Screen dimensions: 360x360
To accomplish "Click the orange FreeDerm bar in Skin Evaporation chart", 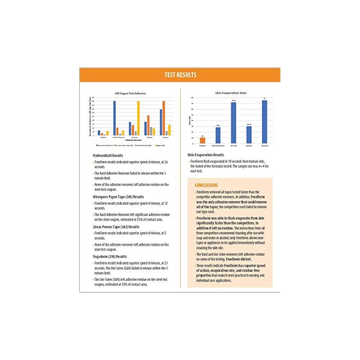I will coord(202,140).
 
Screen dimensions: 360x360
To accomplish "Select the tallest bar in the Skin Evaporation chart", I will coord(264,122).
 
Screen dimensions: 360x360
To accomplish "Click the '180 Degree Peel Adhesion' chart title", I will coord(130,93).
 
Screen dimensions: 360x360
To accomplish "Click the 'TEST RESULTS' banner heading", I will coord(180,75).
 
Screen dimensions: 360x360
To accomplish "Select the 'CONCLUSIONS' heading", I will coord(206,185).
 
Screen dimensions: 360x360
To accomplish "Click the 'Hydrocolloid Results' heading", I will coord(108,155).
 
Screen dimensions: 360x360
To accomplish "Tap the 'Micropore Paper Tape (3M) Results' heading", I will coord(118,197).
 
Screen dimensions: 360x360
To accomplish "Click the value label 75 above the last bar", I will coord(264,99).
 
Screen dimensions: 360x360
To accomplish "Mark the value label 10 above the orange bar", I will coord(202,135).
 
